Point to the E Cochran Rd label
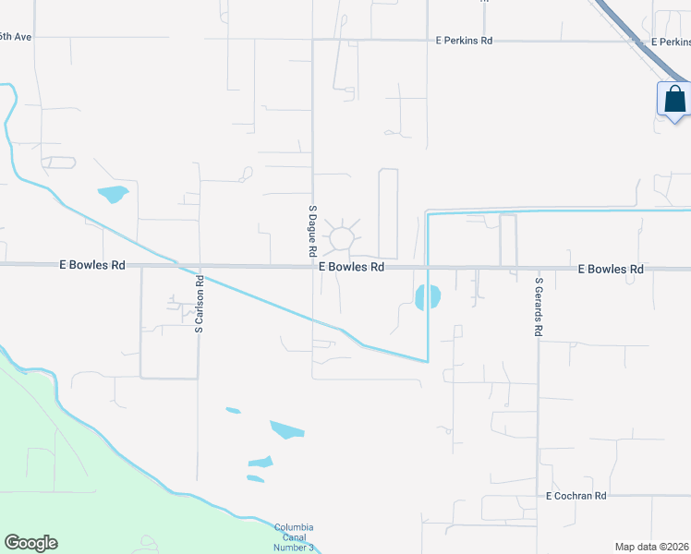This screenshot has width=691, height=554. click(x=576, y=496)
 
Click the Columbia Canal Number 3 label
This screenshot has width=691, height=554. click(x=294, y=537)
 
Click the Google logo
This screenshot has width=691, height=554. click(x=30, y=543)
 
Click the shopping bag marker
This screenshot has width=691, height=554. click(x=674, y=99)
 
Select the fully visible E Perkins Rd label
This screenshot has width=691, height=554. click(x=465, y=41)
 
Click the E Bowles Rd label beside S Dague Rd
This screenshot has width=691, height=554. click(x=351, y=266)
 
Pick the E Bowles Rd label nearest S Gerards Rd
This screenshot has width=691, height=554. click(x=610, y=269)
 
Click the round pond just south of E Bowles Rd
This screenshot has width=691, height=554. click(x=428, y=297)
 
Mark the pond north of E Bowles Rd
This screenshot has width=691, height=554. click(x=113, y=195)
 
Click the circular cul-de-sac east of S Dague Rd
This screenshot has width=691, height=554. click(x=342, y=238)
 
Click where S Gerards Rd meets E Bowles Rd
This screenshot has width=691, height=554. click(x=539, y=268)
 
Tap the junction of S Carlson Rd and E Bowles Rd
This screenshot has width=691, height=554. click(x=199, y=266)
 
